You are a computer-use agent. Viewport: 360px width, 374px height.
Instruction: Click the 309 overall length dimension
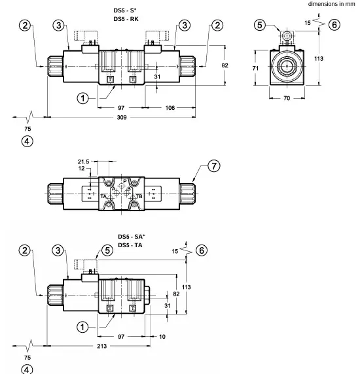click(x=122, y=117)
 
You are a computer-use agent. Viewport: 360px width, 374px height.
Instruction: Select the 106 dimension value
click(x=170, y=108)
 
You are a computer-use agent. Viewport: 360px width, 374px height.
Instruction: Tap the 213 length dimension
click(x=102, y=346)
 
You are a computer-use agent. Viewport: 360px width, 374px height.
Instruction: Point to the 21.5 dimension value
click(x=83, y=161)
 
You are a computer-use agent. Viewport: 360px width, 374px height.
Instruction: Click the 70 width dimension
click(x=287, y=98)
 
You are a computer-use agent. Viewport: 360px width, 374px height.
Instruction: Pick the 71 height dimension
click(x=255, y=68)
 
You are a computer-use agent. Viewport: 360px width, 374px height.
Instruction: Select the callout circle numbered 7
click(x=213, y=166)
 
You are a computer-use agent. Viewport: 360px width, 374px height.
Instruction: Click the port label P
click(x=125, y=181)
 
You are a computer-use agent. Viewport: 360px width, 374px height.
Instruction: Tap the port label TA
click(x=103, y=196)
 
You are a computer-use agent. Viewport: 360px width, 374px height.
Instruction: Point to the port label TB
click(x=139, y=196)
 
